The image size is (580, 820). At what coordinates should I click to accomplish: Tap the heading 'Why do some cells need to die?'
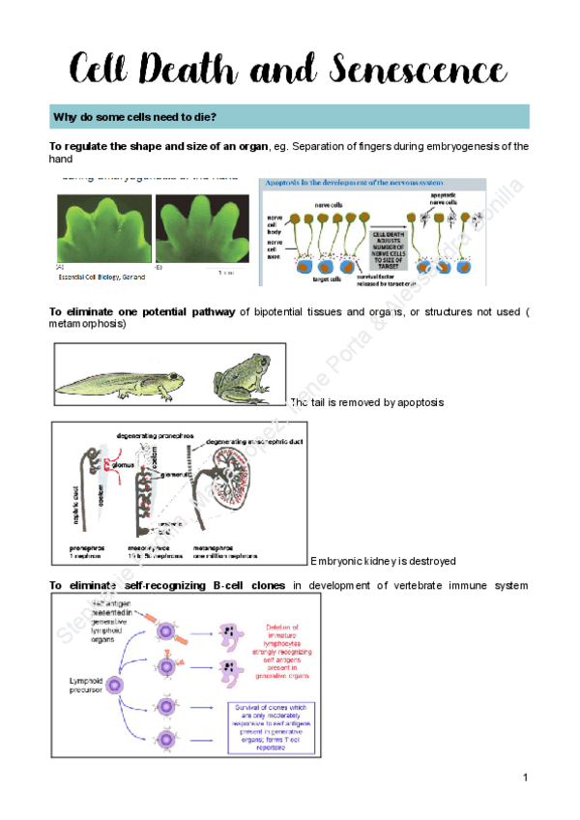[134, 117]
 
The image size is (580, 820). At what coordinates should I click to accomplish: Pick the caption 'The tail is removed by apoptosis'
[366, 401]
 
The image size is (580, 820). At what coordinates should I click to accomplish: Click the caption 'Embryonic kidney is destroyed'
[383, 561]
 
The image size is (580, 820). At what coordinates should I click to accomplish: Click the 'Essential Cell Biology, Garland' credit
[101, 277]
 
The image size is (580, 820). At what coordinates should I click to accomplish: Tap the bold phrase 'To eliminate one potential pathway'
[141, 310]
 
